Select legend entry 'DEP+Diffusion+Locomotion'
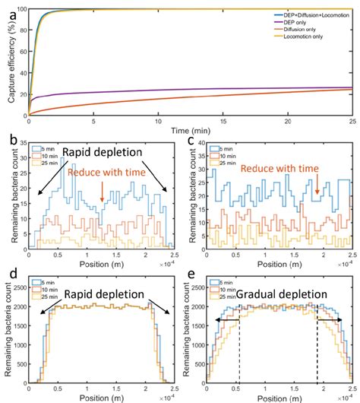[x=313, y=15]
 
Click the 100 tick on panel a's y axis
[x=21, y=9]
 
